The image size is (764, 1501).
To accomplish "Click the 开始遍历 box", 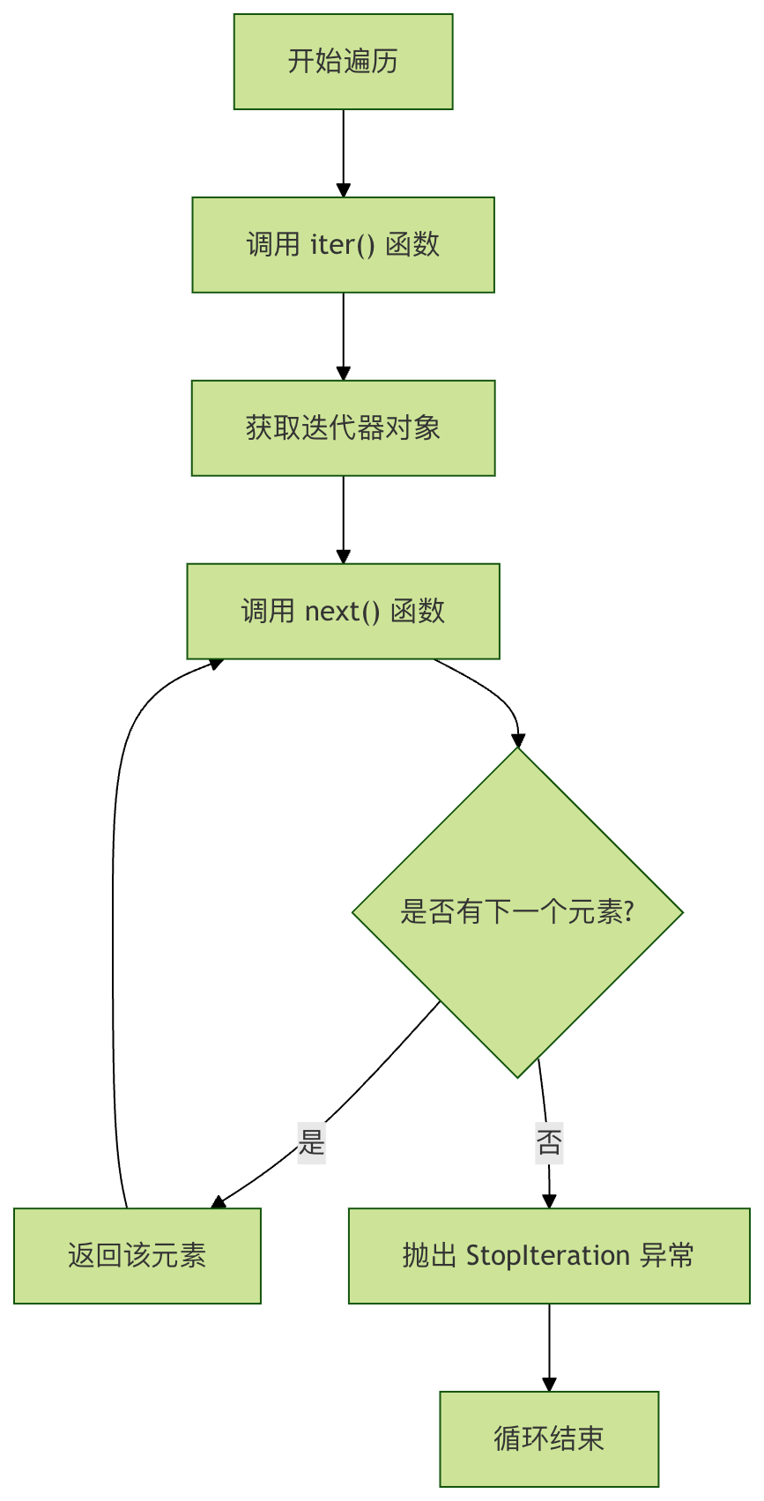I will pos(343,62).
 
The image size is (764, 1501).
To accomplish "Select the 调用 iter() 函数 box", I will pos(343,245).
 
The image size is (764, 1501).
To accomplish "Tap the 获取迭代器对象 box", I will pos(343,428).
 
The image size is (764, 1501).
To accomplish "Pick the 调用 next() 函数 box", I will pos(343,612).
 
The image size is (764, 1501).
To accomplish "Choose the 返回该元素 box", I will pos(137,1255).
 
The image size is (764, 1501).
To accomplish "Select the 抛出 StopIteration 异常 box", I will pos(548,1255).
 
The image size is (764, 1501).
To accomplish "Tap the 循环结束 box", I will pos(548,1438).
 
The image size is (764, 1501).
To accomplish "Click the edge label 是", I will pos(312,1143).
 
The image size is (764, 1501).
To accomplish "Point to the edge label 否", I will pos(548,1143).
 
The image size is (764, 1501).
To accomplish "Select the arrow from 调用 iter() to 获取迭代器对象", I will pos(343,335).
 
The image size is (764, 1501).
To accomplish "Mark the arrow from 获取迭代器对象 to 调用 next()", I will pos(343,518).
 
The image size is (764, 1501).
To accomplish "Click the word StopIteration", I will pos(547,1255).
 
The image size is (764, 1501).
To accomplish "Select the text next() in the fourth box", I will pos(342,612).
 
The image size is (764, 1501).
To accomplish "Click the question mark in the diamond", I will pos(627,911).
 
